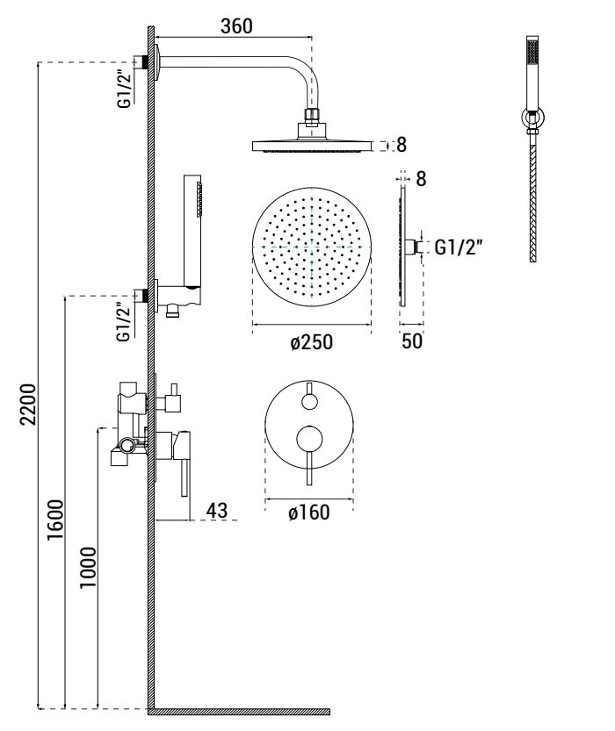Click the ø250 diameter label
(x=311, y=342)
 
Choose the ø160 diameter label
(x=309, y=512)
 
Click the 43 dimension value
(x=216, y=509)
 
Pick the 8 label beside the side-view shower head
(x=402, y=145)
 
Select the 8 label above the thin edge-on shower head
(x=420, y=179)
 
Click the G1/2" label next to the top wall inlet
(x=126, y=89)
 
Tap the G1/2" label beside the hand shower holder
(x=126, y=322)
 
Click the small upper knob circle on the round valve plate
(x=309, y=402)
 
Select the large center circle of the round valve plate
(x=309, y=436)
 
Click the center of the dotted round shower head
(x=312, y=247)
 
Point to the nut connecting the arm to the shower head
(x=309, y=114)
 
